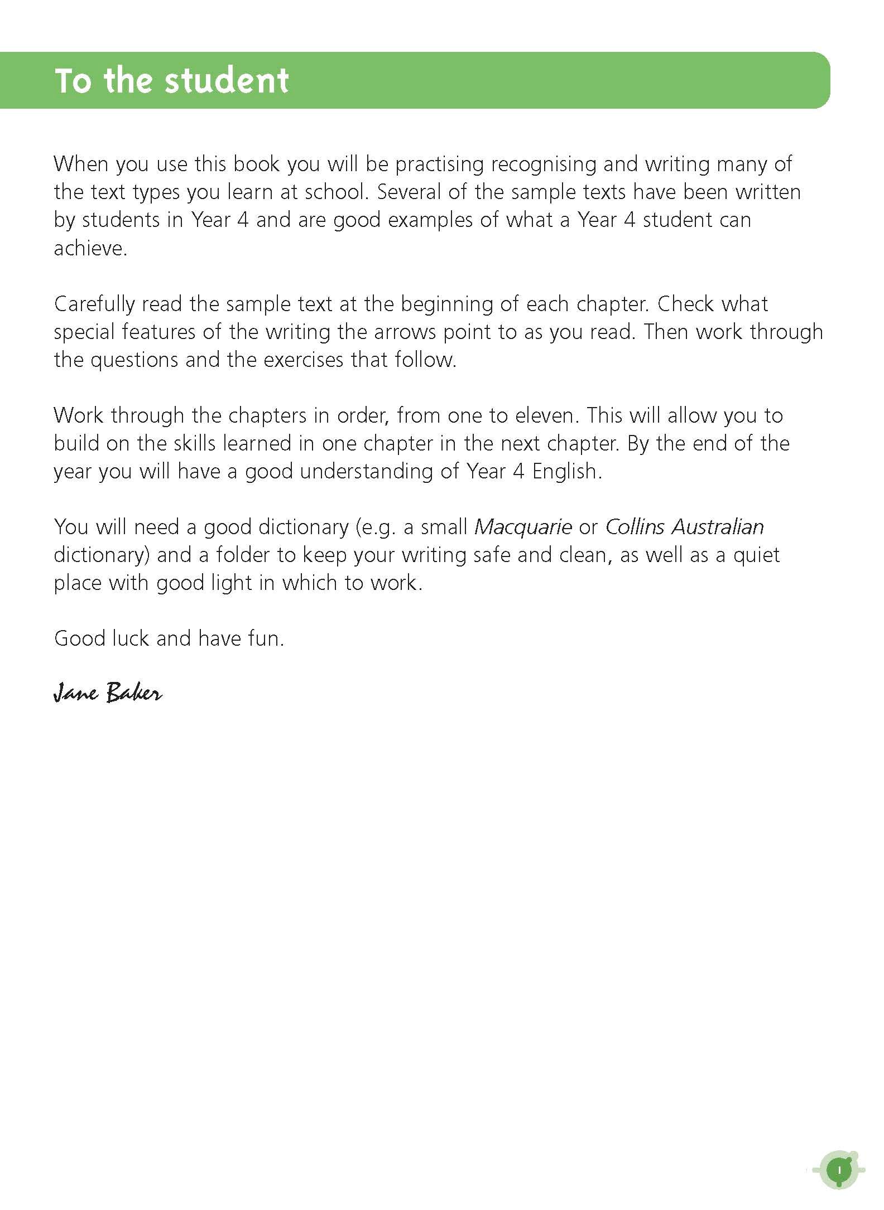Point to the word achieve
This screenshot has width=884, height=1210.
tap(90, 248)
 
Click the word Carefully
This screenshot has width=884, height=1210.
tap(94, 304)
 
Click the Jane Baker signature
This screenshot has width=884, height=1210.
tap(108, 693)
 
